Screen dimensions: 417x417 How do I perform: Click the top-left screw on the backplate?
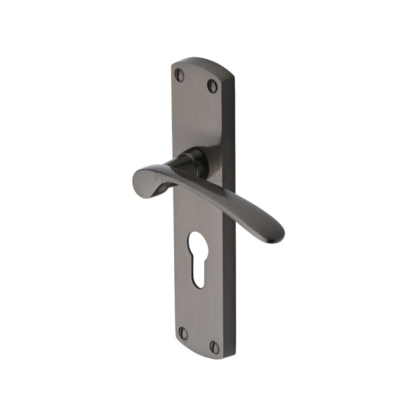pyautogui.click(x=179, y=75)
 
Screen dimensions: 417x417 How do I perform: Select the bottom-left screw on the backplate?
pyautogui.click(x=183, y=333)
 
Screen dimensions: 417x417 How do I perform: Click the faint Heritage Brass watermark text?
pyautogui.click(x=190, y=177)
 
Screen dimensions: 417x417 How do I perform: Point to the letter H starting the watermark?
pyautogui.click(x=158, y=177)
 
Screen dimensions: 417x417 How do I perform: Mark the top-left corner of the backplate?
pyautogui.click(x=173, y=65)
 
